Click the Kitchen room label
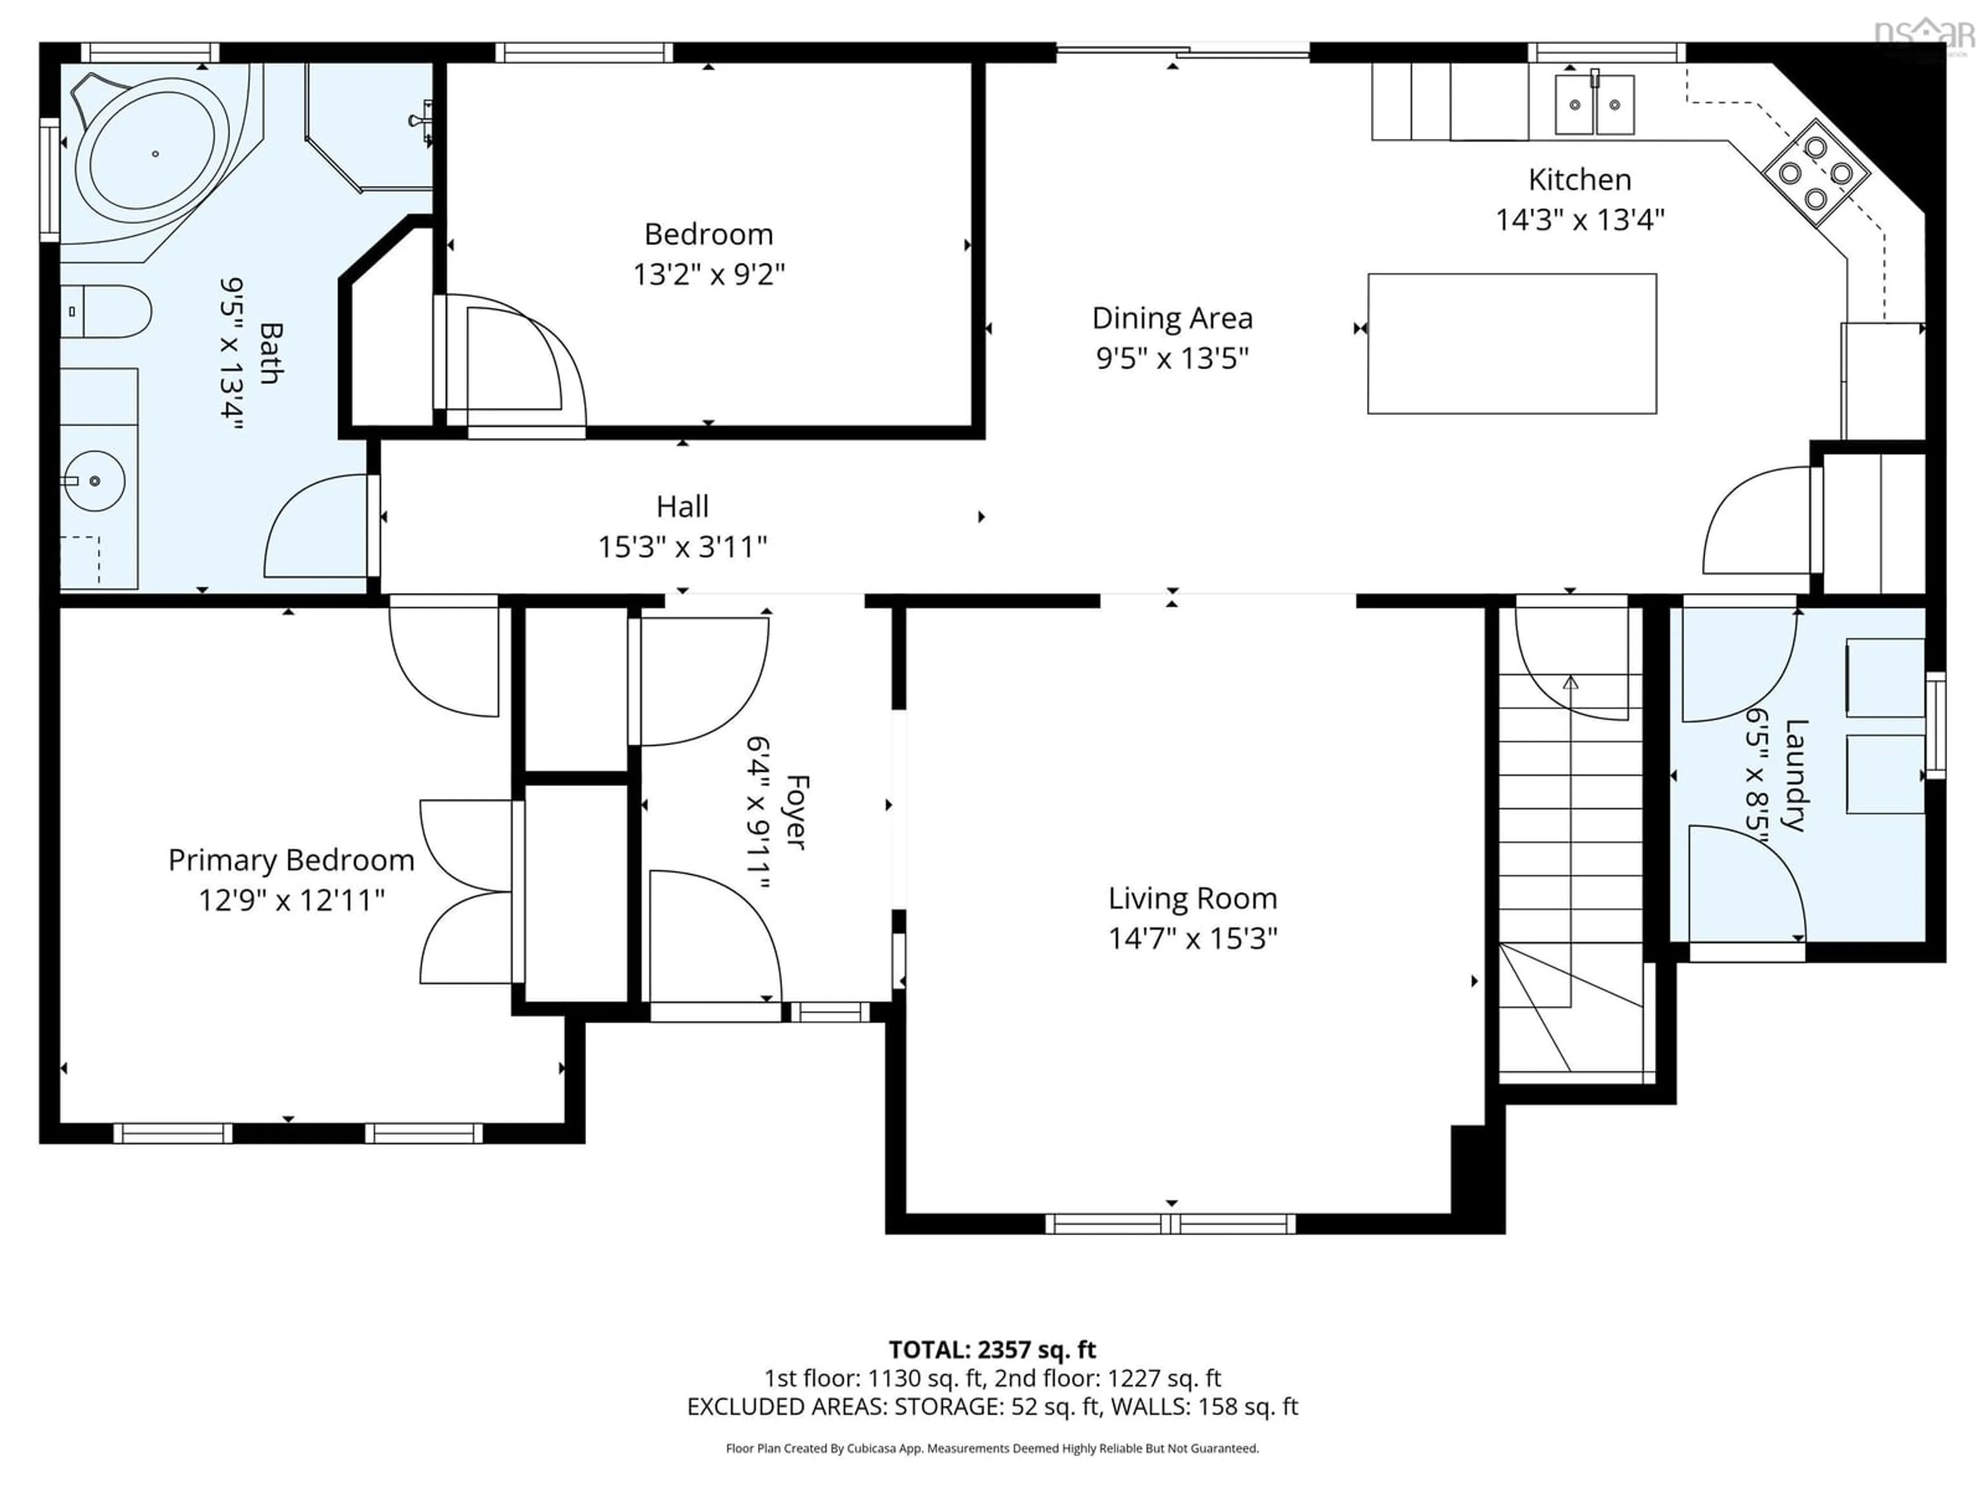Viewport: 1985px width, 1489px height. tap(1579, 179)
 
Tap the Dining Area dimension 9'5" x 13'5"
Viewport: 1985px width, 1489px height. tap(1172, 358)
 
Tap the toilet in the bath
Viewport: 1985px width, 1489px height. tap(108, 311)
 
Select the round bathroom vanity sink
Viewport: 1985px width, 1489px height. tap(94, 481)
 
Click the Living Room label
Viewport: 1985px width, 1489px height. tap(1192, 899)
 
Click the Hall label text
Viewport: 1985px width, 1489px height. tap(682, 507)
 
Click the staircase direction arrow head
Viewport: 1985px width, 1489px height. tap(1570, 683)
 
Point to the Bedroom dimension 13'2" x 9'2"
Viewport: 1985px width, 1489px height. tap(708, 274)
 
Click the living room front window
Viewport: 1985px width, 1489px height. tap(1170, 1223)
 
